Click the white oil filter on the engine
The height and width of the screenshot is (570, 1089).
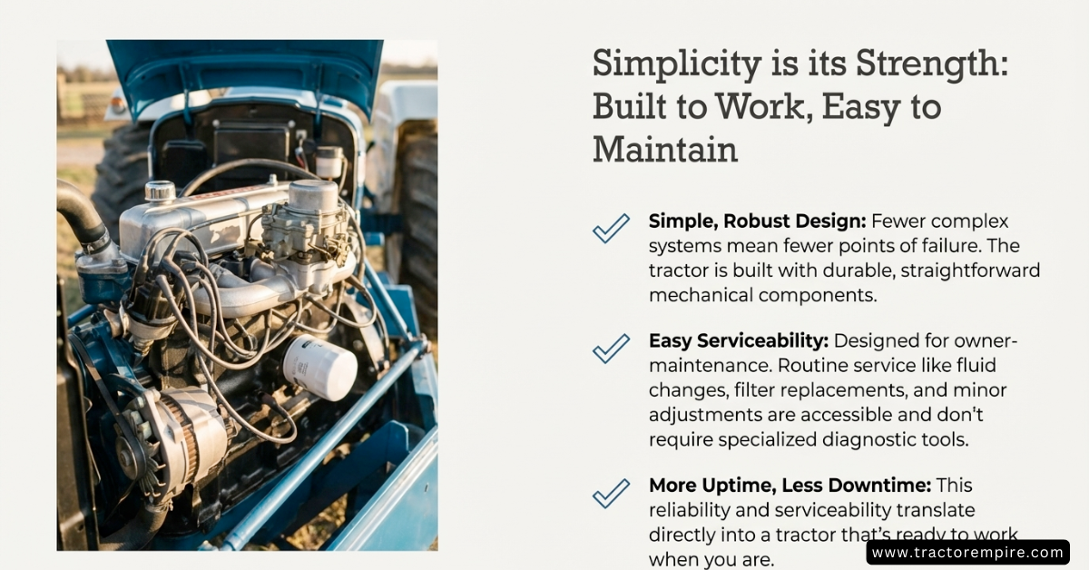(319, 368)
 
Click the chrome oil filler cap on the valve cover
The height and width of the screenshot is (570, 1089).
(160, 191)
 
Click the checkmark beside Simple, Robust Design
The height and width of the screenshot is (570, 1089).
(611, 228)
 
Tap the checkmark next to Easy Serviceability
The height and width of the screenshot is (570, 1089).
(611, 349)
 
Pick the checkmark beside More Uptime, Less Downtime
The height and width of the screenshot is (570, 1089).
(611, 493)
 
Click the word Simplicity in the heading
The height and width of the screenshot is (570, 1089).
(677, 64)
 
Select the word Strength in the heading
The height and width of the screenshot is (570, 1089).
(932, 64)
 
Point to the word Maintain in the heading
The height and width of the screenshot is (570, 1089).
(665, 150)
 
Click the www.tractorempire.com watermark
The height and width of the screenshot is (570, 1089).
(968, 553)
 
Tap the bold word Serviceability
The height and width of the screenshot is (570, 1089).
(763, 341)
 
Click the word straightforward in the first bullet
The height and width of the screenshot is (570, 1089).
(970, 270)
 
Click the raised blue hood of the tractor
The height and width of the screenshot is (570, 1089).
(244, 73)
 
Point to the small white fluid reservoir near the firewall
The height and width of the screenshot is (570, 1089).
(329, 162)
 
